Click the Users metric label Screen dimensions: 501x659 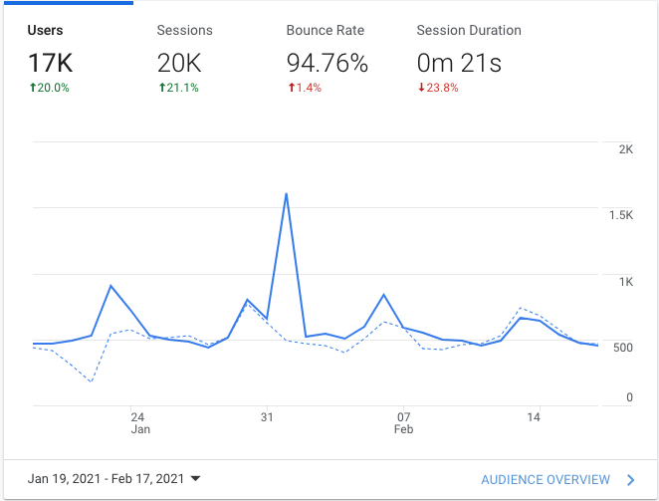[45, 30]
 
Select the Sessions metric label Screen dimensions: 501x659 [184, 30]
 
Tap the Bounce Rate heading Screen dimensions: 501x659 [326, 30]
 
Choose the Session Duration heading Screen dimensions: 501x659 [468, 30]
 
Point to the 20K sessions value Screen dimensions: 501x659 [179, 64]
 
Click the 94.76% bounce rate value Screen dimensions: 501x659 [328, 64]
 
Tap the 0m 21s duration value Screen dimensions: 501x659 [458, 64]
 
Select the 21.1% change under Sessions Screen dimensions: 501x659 [178, 88]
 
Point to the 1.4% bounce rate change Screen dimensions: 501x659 [305, 88]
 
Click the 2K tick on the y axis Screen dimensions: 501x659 [626, 149]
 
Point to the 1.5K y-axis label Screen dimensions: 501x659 [622, 215]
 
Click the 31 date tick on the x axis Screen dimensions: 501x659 [267, 416]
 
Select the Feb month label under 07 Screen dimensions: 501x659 [403, 430]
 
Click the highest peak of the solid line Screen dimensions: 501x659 [287, 193]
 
